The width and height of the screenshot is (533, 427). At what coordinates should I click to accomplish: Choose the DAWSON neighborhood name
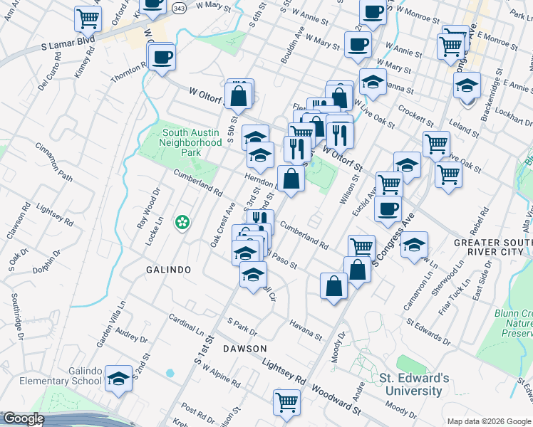244,348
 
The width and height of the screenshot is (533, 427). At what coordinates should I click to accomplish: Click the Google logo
24,418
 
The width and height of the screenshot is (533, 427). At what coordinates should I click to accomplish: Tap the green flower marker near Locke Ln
183,222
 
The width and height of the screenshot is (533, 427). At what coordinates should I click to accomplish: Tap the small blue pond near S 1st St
170,372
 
